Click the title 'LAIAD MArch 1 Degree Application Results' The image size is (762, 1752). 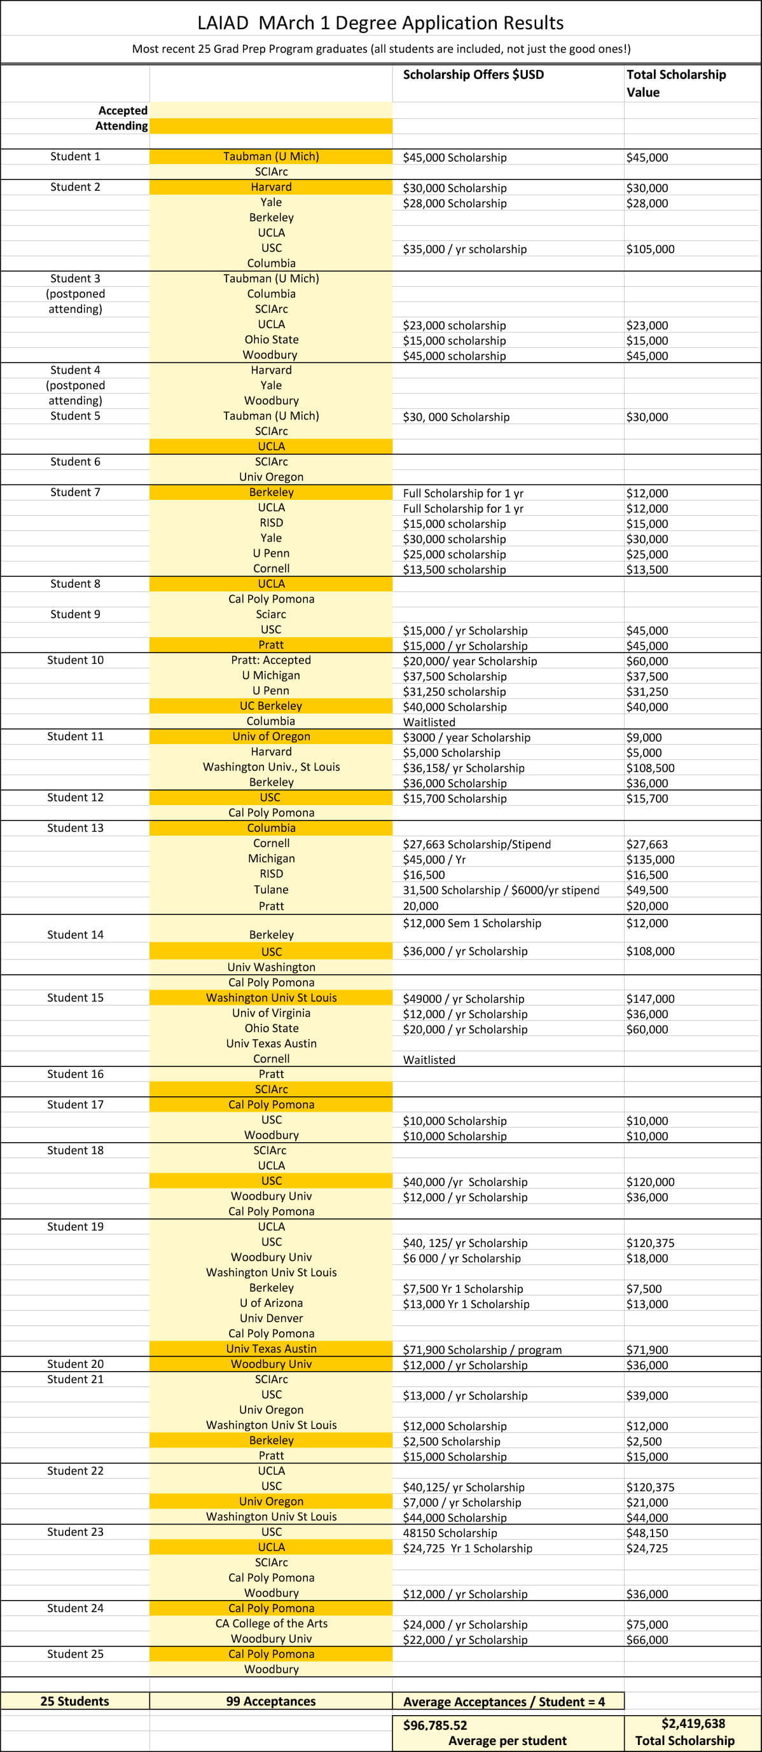(380, 23)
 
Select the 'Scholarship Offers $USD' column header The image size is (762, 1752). (473, 75)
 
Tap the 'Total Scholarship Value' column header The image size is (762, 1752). (675, 83)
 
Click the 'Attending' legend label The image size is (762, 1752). (121, 126)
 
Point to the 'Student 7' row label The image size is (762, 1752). (75, 492)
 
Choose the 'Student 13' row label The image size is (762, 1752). (75, 828)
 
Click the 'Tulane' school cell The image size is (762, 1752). (271, 890)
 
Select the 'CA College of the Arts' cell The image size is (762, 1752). (271, 1624)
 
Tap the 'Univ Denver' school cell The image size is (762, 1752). (271, 1318)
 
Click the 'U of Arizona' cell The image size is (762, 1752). (271, 1303)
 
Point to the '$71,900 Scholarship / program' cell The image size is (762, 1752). (481, 1349)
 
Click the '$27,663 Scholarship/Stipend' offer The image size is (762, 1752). (476, 844)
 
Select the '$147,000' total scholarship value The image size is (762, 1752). (650, 998)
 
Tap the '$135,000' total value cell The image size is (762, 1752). (650, 860)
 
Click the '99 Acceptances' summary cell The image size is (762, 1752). (271, 1701)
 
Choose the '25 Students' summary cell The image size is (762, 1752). (75, 1701)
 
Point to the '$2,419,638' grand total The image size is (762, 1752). (693, 1723)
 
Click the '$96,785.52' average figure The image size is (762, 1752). (435, 1725)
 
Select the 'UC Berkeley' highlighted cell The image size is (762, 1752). (271, 706)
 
